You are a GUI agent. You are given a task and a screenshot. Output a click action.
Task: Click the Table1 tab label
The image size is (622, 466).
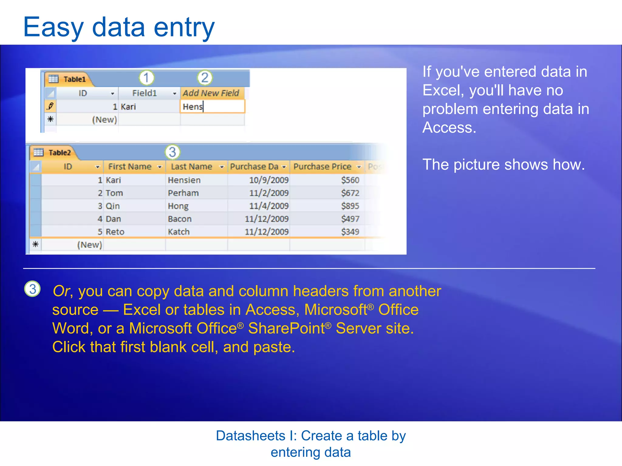click(74, 79)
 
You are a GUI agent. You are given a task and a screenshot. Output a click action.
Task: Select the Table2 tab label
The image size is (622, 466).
click(60, 153)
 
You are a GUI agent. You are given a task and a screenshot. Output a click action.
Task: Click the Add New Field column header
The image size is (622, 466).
click(211, 93)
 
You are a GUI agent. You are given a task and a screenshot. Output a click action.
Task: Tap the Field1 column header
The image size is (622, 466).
click(145, 93)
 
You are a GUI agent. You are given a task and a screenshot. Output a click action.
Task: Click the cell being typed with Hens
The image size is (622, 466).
click(212, 106)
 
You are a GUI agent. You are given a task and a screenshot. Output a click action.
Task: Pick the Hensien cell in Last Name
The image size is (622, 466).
click(184, 180)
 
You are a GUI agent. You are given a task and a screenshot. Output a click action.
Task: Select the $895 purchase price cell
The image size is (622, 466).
click(350, 206)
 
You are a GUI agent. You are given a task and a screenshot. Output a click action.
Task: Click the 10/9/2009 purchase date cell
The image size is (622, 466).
click(268, 180)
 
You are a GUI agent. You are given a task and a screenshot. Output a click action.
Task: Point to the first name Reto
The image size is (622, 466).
click(115, 232)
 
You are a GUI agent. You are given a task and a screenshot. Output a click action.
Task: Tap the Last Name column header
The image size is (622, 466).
click(191, 167)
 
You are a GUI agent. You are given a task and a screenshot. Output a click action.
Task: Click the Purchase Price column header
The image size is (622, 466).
click(322, 167)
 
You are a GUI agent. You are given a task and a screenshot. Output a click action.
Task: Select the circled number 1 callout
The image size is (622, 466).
click(146, 78)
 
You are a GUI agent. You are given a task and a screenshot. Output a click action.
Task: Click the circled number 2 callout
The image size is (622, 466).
click(205, 78)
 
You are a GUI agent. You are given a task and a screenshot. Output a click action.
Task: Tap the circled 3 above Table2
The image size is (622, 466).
click(172, 152)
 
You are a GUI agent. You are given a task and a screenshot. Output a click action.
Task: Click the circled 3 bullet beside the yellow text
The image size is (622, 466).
click(32, 289)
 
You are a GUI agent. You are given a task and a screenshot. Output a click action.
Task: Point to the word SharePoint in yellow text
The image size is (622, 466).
click(286, 329)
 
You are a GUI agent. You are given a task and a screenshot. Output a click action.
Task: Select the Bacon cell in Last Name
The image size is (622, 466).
click(179, 219)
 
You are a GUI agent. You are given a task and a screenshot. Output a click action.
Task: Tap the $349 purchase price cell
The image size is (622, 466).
click(350, 232)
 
